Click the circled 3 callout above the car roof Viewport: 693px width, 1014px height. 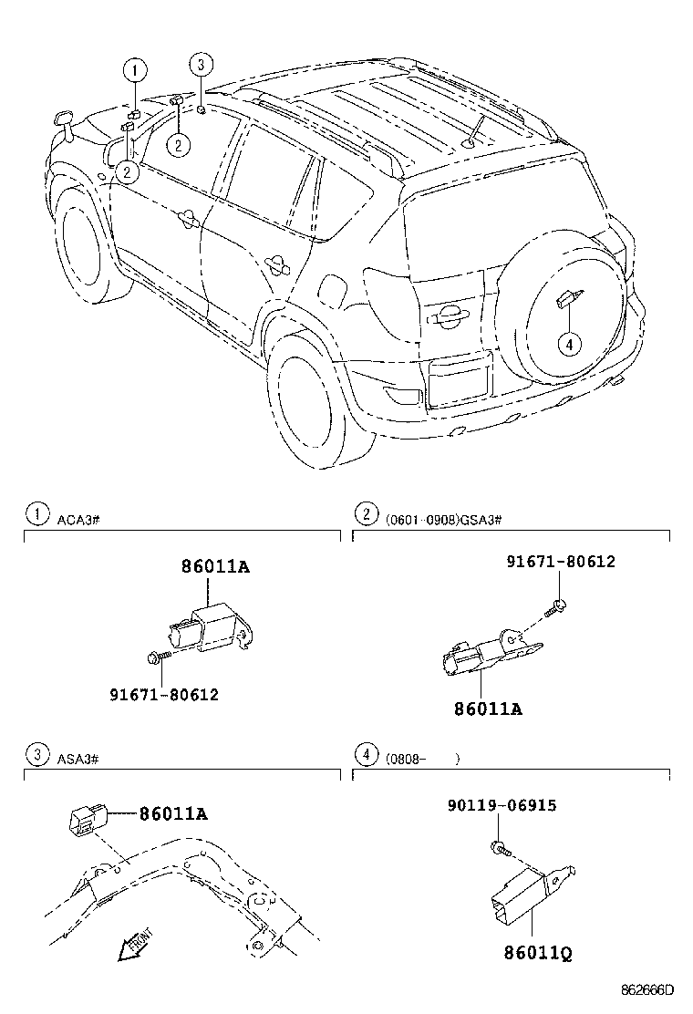pyautogui.click(x=202, y=64)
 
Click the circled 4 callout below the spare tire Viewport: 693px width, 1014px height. pyautogui.click(x=568, y=344)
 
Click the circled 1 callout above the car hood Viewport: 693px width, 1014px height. pyautogui.click(x=135, y=69)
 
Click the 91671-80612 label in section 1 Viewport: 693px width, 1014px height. pyautogui.click(x=164, y=695)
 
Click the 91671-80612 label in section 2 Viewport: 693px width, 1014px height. pyautogui.click(x=561, y=562)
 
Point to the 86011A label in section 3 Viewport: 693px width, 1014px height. pyautogui.click(x=173, y=813)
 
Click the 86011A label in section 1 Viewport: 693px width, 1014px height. pyautogui.click(x=215, y=566)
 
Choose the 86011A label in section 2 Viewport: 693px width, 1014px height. pyautogui.click(x=489, y=708)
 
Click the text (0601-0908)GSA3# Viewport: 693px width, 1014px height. pyautogui.click(x=443, y=518)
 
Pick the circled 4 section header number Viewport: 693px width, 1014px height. pyautogui.click(x=366, y=754)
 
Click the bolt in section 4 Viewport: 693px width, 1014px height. pyautogui.click(x=498, y=848)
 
